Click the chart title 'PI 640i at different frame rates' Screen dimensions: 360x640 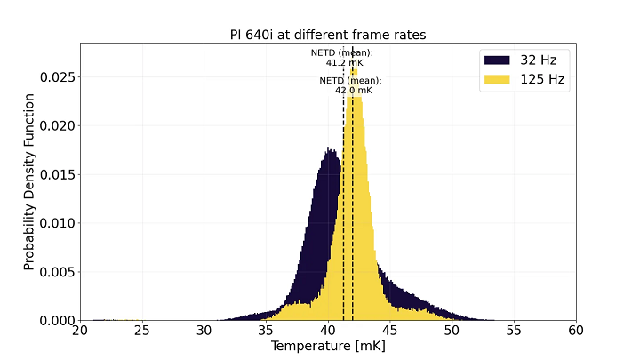[327, 36]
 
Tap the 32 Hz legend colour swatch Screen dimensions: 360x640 [497, 60]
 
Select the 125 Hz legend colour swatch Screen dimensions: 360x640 [497, 78]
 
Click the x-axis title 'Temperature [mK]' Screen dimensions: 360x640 [328, 346]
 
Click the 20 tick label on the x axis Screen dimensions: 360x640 [80, 330]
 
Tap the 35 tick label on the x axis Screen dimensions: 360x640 [266, 330]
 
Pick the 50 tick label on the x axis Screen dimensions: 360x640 [452, 330]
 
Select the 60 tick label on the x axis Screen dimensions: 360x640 [576, 330]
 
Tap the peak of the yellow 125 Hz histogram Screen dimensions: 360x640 [354, 69]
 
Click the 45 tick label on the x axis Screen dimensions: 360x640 [390, 330]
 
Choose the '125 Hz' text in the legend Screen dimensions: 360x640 [543, 78]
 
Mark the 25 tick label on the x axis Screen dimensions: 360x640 [142, 330]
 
